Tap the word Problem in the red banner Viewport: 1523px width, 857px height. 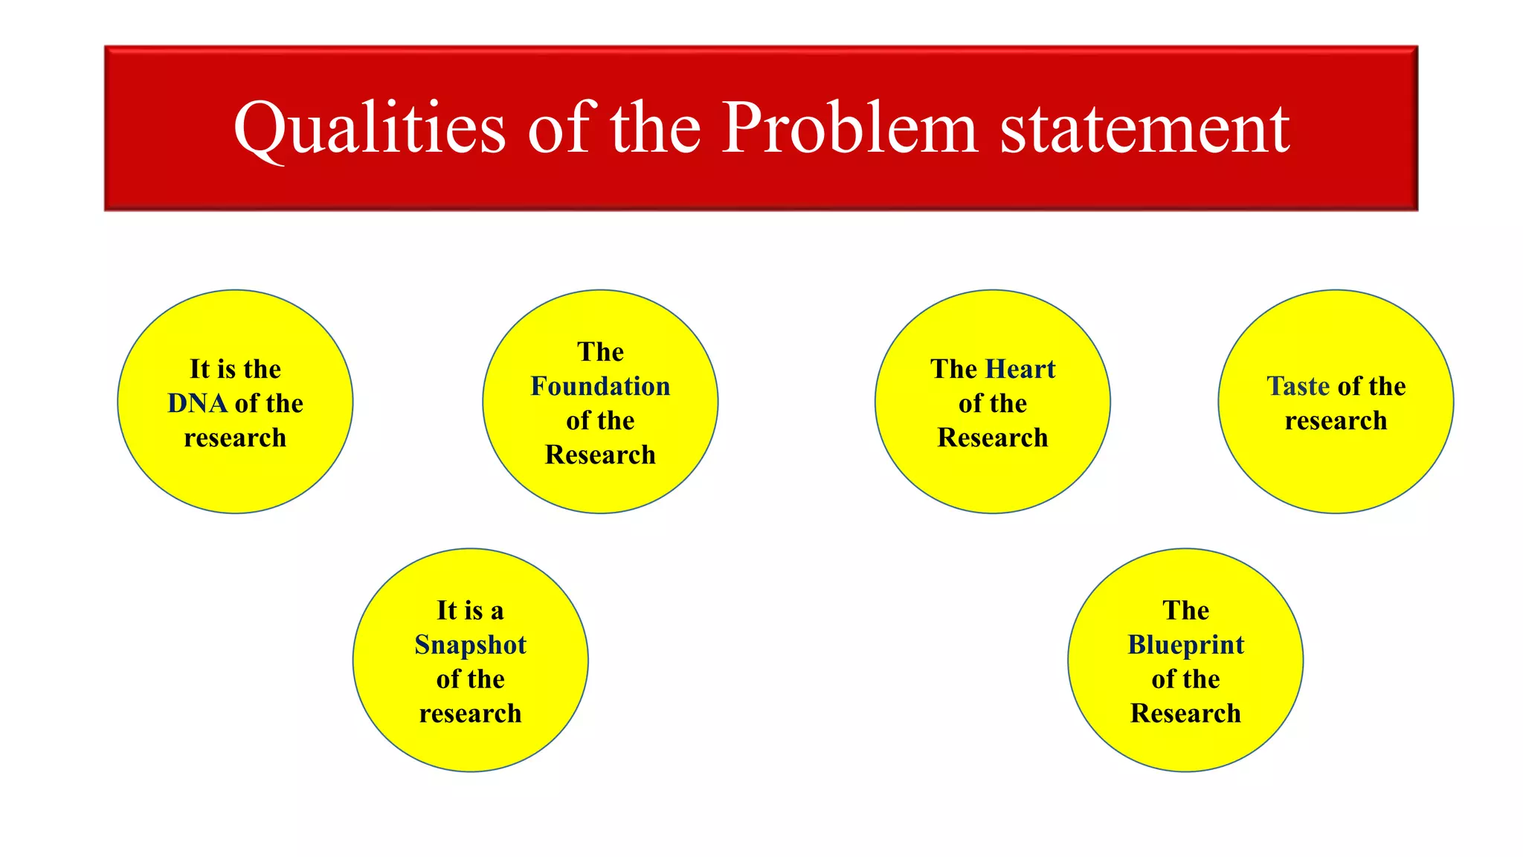(x=849, y=128)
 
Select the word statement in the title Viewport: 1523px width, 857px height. (x=1144, y=129)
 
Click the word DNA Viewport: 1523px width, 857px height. (x=197, y=403)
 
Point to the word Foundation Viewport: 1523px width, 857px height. (x=600, y=386)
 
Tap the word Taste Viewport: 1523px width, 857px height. (x=1298, y=386)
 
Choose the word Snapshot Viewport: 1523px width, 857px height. (x=470, y=645)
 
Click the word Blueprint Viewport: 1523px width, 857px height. (x=1185, y=645)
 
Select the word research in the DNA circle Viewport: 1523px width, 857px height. (x=235, y=437)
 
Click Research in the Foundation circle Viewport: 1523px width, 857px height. (x=600, y=455)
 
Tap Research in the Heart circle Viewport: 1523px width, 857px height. (x=993, y=437)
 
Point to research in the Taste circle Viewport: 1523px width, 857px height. (x=1336, y=420)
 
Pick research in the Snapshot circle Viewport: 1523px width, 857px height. (x=470, y=713)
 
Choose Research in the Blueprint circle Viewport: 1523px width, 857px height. (x=1185, y=713)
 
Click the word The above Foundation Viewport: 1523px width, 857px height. (x=600, y=352)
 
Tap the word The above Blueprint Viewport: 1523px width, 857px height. (x=1185, y=611)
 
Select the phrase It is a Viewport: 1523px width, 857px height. (x=470, y=611)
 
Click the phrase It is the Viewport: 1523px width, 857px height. (x=235, y=369)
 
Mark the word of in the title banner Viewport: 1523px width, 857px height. (x=561, y=128)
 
